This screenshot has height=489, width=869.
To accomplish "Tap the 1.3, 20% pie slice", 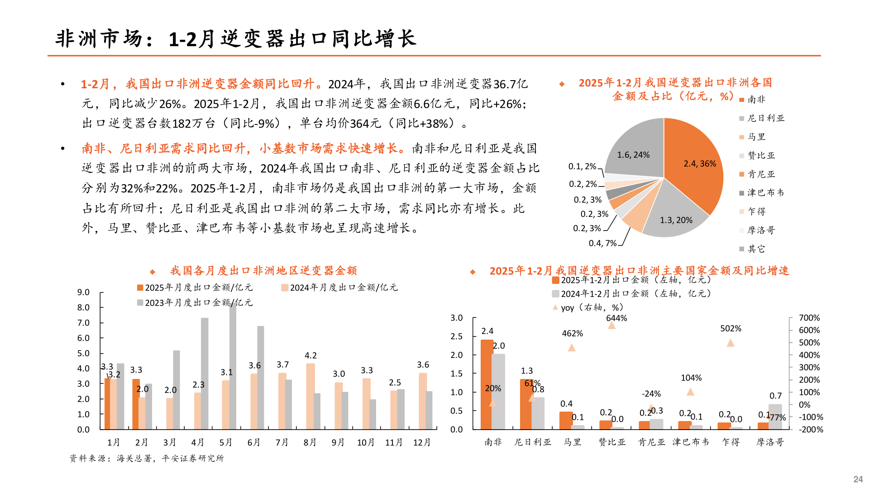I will tap(674, 213).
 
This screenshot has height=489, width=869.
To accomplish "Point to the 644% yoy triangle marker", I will tap(611, 326).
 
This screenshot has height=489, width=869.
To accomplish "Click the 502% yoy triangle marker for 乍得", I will tap(731, 343).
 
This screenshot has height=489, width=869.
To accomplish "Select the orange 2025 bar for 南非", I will tap(487, 385).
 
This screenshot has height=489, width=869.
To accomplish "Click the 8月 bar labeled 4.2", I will tap(310, 396).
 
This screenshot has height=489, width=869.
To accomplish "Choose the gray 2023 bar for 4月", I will tap(205, 374).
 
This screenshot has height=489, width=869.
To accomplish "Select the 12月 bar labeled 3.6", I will tap(423, 401).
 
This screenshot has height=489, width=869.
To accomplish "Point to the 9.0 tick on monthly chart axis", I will tap(83, 292).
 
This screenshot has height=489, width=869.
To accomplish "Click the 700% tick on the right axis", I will tap(809, 318).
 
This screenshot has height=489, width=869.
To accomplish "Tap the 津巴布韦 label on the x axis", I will tap(690, 442).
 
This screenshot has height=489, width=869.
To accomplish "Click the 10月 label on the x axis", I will tap(366, 442).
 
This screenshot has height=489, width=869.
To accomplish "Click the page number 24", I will tap(858, 479).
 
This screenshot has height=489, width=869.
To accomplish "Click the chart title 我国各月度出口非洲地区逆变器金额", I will tap(263, 271).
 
